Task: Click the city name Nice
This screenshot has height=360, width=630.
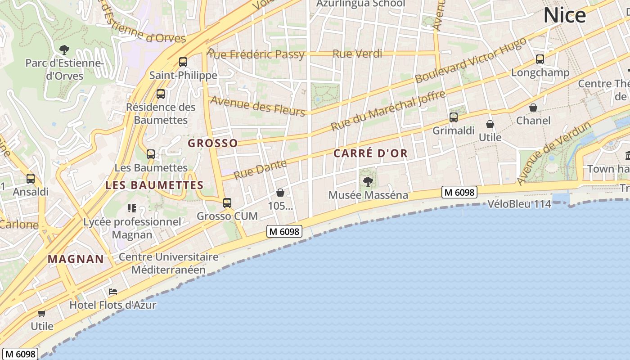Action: coord(565,16)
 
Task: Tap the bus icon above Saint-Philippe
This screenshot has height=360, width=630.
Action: coord(183,62)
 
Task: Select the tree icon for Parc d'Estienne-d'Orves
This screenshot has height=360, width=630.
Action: coord(64,49)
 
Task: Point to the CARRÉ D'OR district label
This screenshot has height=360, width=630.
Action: coord(370,153)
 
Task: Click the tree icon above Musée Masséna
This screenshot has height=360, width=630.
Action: coord(368,182)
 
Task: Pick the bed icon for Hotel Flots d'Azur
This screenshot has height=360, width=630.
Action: coord(113,292)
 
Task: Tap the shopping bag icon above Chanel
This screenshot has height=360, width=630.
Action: coord(533,108)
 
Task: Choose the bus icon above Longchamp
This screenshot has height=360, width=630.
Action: coord(540,59)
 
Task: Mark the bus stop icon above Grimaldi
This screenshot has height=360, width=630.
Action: coord(454,117)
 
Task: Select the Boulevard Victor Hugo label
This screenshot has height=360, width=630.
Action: coord(471,61)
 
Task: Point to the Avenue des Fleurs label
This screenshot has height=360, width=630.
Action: coord(258,106)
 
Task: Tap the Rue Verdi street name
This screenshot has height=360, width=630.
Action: coord(357,54)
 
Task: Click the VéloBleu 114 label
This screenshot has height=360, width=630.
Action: coord(519,204)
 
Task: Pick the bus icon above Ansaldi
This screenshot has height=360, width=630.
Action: coord(31,179)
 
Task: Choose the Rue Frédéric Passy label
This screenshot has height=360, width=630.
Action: coord(257,55)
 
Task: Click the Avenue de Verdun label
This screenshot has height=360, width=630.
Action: coord(553,153)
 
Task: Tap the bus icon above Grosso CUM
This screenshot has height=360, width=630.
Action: coord(227,203)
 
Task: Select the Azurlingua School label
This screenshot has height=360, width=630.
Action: coord(360,4)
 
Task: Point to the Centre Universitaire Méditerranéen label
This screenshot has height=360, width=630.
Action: coord(169,264)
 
